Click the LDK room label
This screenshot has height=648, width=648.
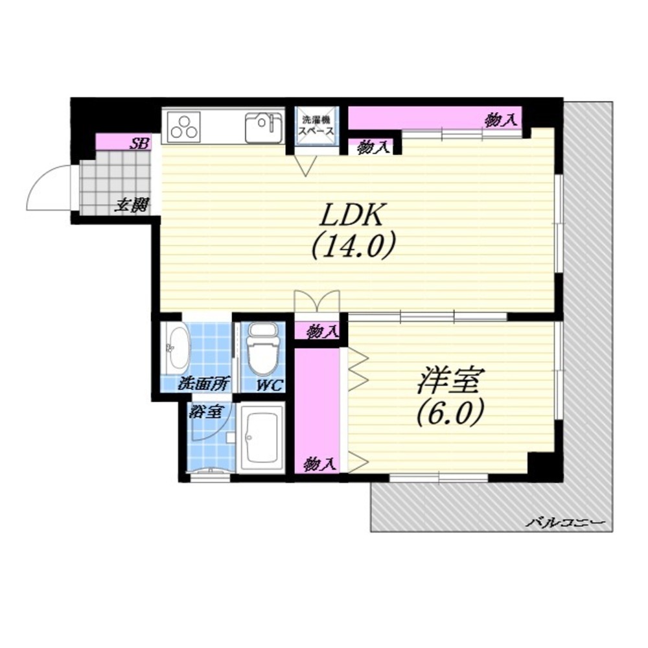(351, 214)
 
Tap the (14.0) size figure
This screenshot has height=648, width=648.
(353, 246)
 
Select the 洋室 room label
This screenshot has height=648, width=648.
(450, 380)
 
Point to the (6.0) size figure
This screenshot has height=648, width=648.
(450, 413)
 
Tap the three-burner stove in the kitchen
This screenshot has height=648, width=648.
(184, 126)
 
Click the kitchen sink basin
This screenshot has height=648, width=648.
(264, 127)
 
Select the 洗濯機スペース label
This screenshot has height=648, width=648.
(317, 126)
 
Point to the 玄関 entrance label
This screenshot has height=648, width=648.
(132, 205)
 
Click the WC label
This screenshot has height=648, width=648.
(269, 385)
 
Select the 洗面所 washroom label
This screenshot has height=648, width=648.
(203, 384)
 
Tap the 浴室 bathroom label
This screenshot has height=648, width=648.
(207, 411)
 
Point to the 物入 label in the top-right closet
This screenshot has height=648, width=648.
(501, 120)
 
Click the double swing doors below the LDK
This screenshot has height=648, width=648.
(317, 301)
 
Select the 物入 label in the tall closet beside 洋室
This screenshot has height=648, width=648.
(319, 464)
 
